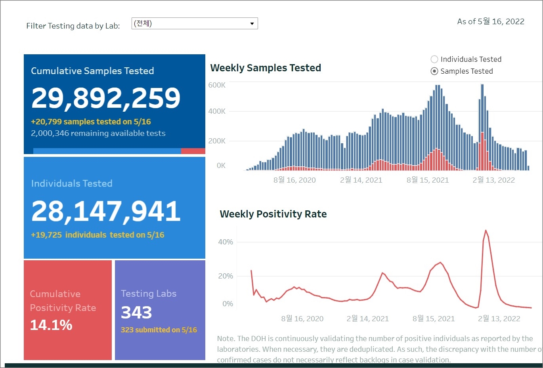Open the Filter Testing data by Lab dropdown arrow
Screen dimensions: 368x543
pyautogui.click(x=252, y=24)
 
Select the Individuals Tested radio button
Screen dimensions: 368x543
pyautogui.click(x=434, y=59)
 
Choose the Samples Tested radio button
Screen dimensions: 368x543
pyautogui.click(x=434, y=71)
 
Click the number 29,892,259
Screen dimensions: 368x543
pyautogui.click(x=106, y=98)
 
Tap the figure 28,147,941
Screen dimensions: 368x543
pyautogui.click(x=106, y=211)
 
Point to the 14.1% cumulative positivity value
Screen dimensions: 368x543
pyautogui.click(x=51, y=325)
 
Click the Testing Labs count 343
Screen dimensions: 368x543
pyautogui.click(x=136, y=313)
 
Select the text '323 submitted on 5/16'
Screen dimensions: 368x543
pyautogui.click(x=159, y=330)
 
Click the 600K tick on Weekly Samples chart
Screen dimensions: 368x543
pyautogui.click(x=217, y=85)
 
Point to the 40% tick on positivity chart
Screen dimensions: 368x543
pyautogui.click(x=226, y=242)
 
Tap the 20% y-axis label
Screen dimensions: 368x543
pyautogui.click(x=226, y=276)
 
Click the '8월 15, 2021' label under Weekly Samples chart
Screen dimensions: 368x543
pyautogui.click(x=428, y=180)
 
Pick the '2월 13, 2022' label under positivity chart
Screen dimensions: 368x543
pyautogui.click(x=499, y=319)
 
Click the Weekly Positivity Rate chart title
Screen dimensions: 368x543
pyautogui.click(x=273, y=214)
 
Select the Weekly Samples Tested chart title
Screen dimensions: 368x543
pyautogui.click(x=266, y=68)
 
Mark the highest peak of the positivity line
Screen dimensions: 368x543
pyautogui.click(x=486, y=231)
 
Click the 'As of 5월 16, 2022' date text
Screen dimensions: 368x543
pyautogui.click(x=491, y=22)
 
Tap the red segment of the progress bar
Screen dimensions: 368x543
pyautogui.click(x=193, y=151)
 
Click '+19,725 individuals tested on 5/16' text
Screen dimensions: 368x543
pyautogui.click(x=98, y=235)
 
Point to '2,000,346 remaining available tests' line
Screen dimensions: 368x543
pyautogui.click(x=98, y=133)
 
